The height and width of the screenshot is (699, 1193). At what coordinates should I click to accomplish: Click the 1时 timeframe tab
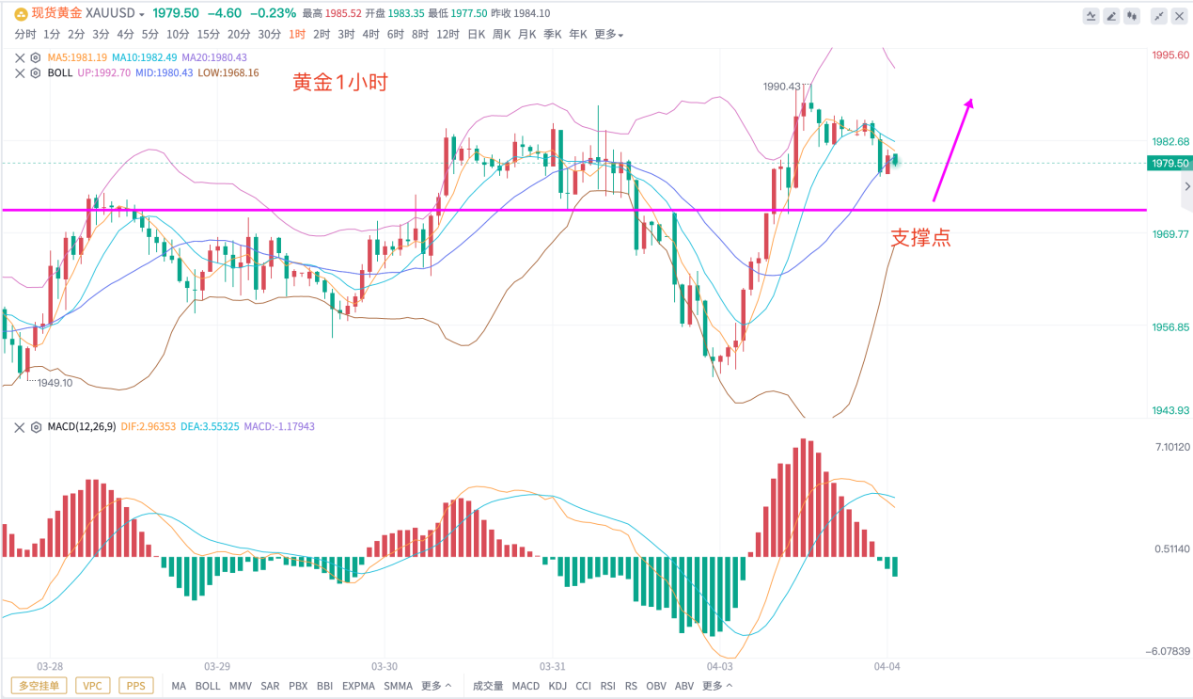click(x=297, y=34)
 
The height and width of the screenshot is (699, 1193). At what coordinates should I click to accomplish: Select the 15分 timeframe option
click(x=208, y=34)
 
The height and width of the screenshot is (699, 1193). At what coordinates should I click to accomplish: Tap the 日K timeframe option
click(x=476, y=34)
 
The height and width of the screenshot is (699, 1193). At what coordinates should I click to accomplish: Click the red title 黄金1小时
click(x=340, y=83)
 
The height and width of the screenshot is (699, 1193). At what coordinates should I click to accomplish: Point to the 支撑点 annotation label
click(x=920, y=238)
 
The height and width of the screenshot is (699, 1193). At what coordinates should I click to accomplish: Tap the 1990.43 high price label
click(x=782, y=87)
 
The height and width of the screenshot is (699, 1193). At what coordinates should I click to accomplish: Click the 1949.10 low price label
click(x=55, y=383)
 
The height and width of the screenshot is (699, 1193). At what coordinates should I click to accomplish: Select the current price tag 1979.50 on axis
click(x=1169, y=163)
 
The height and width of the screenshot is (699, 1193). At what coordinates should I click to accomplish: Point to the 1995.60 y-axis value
click(x=1169, y=55)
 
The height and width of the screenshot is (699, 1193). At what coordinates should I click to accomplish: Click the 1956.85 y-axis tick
click(x=1169, y=327)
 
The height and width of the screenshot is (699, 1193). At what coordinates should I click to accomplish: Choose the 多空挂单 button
click(x=39, y=686)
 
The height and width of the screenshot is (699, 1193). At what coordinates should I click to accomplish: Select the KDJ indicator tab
click(x=557, y=686)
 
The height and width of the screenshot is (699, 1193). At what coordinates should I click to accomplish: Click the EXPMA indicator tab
click(x=358, y=686)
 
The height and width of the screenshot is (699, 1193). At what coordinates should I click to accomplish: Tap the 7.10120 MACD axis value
click(x=1169, y=447)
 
